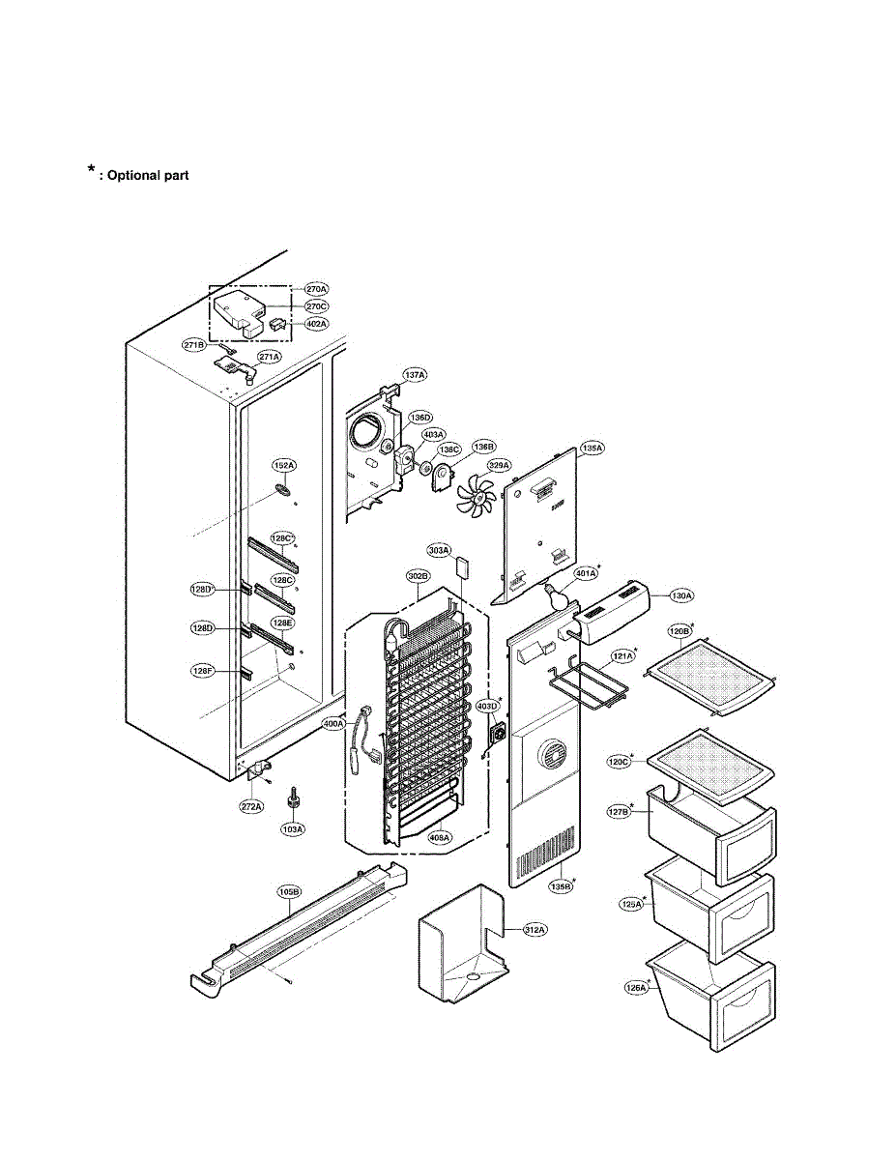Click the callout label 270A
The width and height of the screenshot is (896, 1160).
coord(317,288)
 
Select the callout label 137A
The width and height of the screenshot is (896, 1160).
coord(415,374)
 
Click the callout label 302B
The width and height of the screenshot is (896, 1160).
coord(418,576)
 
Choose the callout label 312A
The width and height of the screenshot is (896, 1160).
coord(535,930)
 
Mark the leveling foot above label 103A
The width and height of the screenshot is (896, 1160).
coord(291,800)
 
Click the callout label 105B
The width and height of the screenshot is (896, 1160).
coord(289,891)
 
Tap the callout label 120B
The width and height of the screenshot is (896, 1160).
coord(679,631)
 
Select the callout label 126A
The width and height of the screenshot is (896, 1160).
coord(635,988)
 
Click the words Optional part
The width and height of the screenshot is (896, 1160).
coord(147,175)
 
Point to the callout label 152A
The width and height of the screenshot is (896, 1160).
coord(283,466)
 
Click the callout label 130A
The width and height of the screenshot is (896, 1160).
coord(682,595)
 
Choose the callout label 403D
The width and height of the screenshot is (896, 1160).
coord(487,706)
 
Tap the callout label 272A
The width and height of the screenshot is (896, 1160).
coord(252,805)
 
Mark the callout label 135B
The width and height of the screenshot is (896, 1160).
coord(560,884)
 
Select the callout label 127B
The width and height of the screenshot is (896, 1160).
coord(619,813)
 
